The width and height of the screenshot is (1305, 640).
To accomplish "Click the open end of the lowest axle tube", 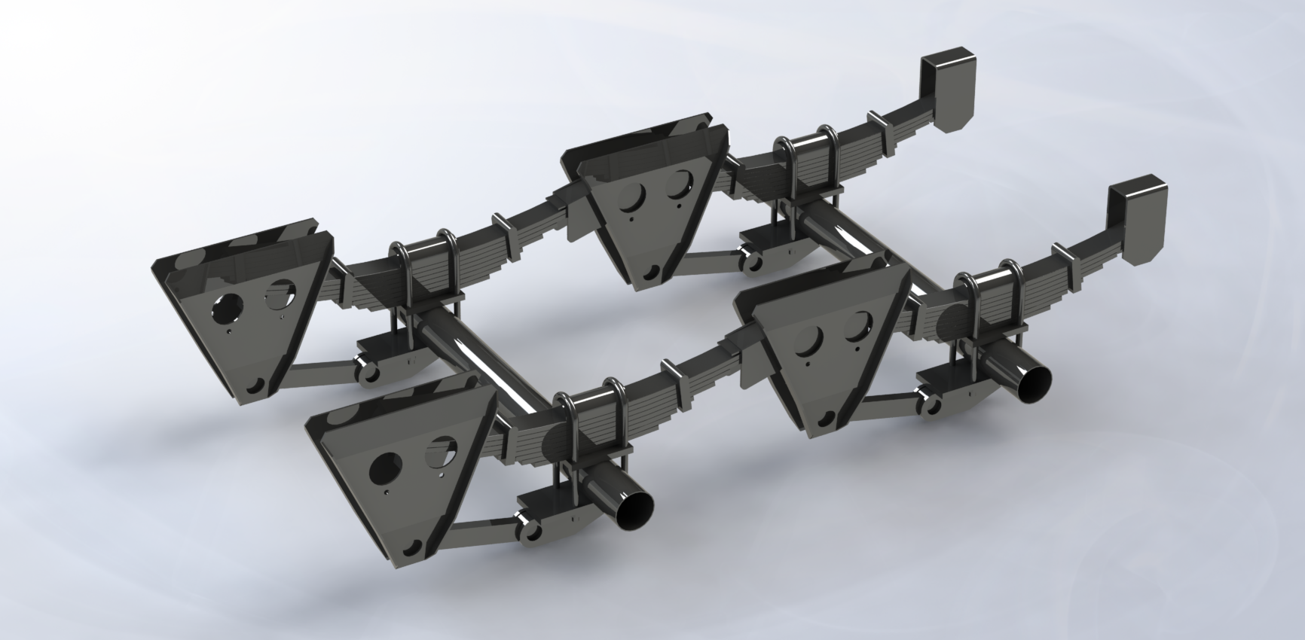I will (x=635, y=511).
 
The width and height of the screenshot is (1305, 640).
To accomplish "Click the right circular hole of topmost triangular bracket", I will (x=683, y=182).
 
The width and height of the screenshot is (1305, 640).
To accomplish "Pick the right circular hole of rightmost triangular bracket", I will (x=857, y=326).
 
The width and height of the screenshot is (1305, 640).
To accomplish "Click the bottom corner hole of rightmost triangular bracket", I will (x=830, y=416).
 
